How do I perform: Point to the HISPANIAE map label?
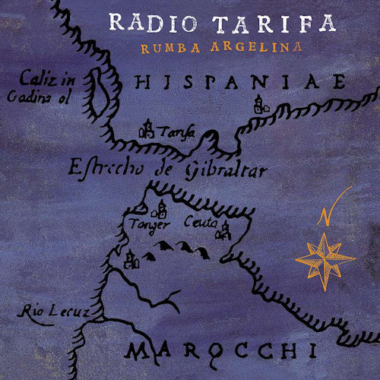[235, 81]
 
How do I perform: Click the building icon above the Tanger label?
[160, 209]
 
